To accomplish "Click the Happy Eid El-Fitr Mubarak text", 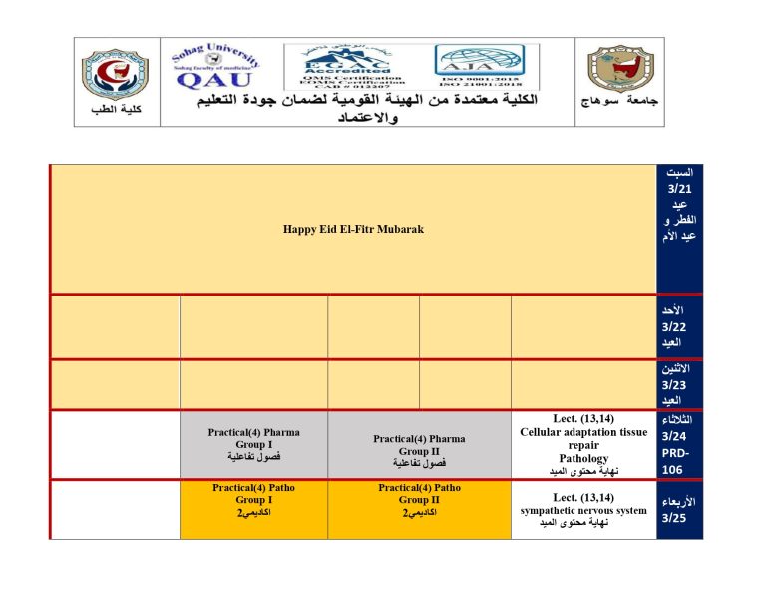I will (353, 229).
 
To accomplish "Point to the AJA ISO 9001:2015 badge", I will (486, 67).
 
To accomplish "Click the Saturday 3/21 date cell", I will (679, 205).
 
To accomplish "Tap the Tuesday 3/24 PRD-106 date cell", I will (679, 445).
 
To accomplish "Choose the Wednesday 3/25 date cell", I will (678, 510).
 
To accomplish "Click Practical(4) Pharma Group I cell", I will (253, 444).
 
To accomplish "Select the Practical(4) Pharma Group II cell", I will (419, 450).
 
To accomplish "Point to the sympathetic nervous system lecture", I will (583, 511).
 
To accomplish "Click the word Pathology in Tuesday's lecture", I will (583, 458).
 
